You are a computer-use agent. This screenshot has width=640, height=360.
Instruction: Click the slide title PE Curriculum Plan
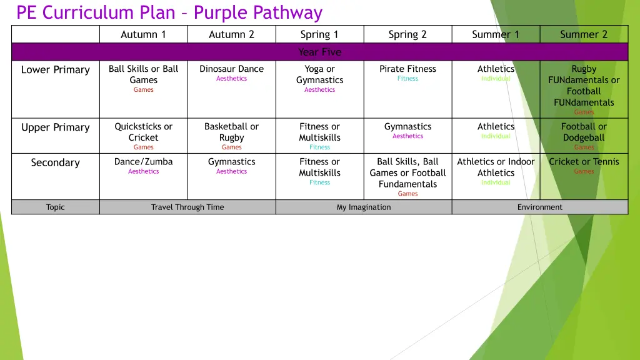(169, 12)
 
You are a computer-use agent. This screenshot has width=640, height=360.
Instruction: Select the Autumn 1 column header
(143, 34)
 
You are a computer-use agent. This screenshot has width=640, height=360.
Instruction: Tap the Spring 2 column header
(407, 34)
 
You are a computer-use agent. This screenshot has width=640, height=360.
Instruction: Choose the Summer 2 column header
(584, 34)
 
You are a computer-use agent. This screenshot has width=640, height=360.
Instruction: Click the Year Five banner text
(319, 52)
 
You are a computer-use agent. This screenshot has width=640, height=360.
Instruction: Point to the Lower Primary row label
(56, 69)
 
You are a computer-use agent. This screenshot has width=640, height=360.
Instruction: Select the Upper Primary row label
(56, 127)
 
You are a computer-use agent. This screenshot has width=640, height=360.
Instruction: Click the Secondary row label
(56, 162)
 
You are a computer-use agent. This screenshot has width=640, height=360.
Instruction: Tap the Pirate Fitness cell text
(407, 69)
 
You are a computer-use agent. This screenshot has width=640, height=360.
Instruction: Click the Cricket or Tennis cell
(584, 161)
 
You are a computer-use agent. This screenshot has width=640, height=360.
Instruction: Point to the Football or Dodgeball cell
(584, 132)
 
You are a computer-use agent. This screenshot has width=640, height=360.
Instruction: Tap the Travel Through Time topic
(187, 207)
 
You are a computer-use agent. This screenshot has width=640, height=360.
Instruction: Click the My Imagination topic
(364, 207)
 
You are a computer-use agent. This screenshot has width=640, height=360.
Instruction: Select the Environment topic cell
(539, 207)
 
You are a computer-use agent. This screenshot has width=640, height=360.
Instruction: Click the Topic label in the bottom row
(56, 207)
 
